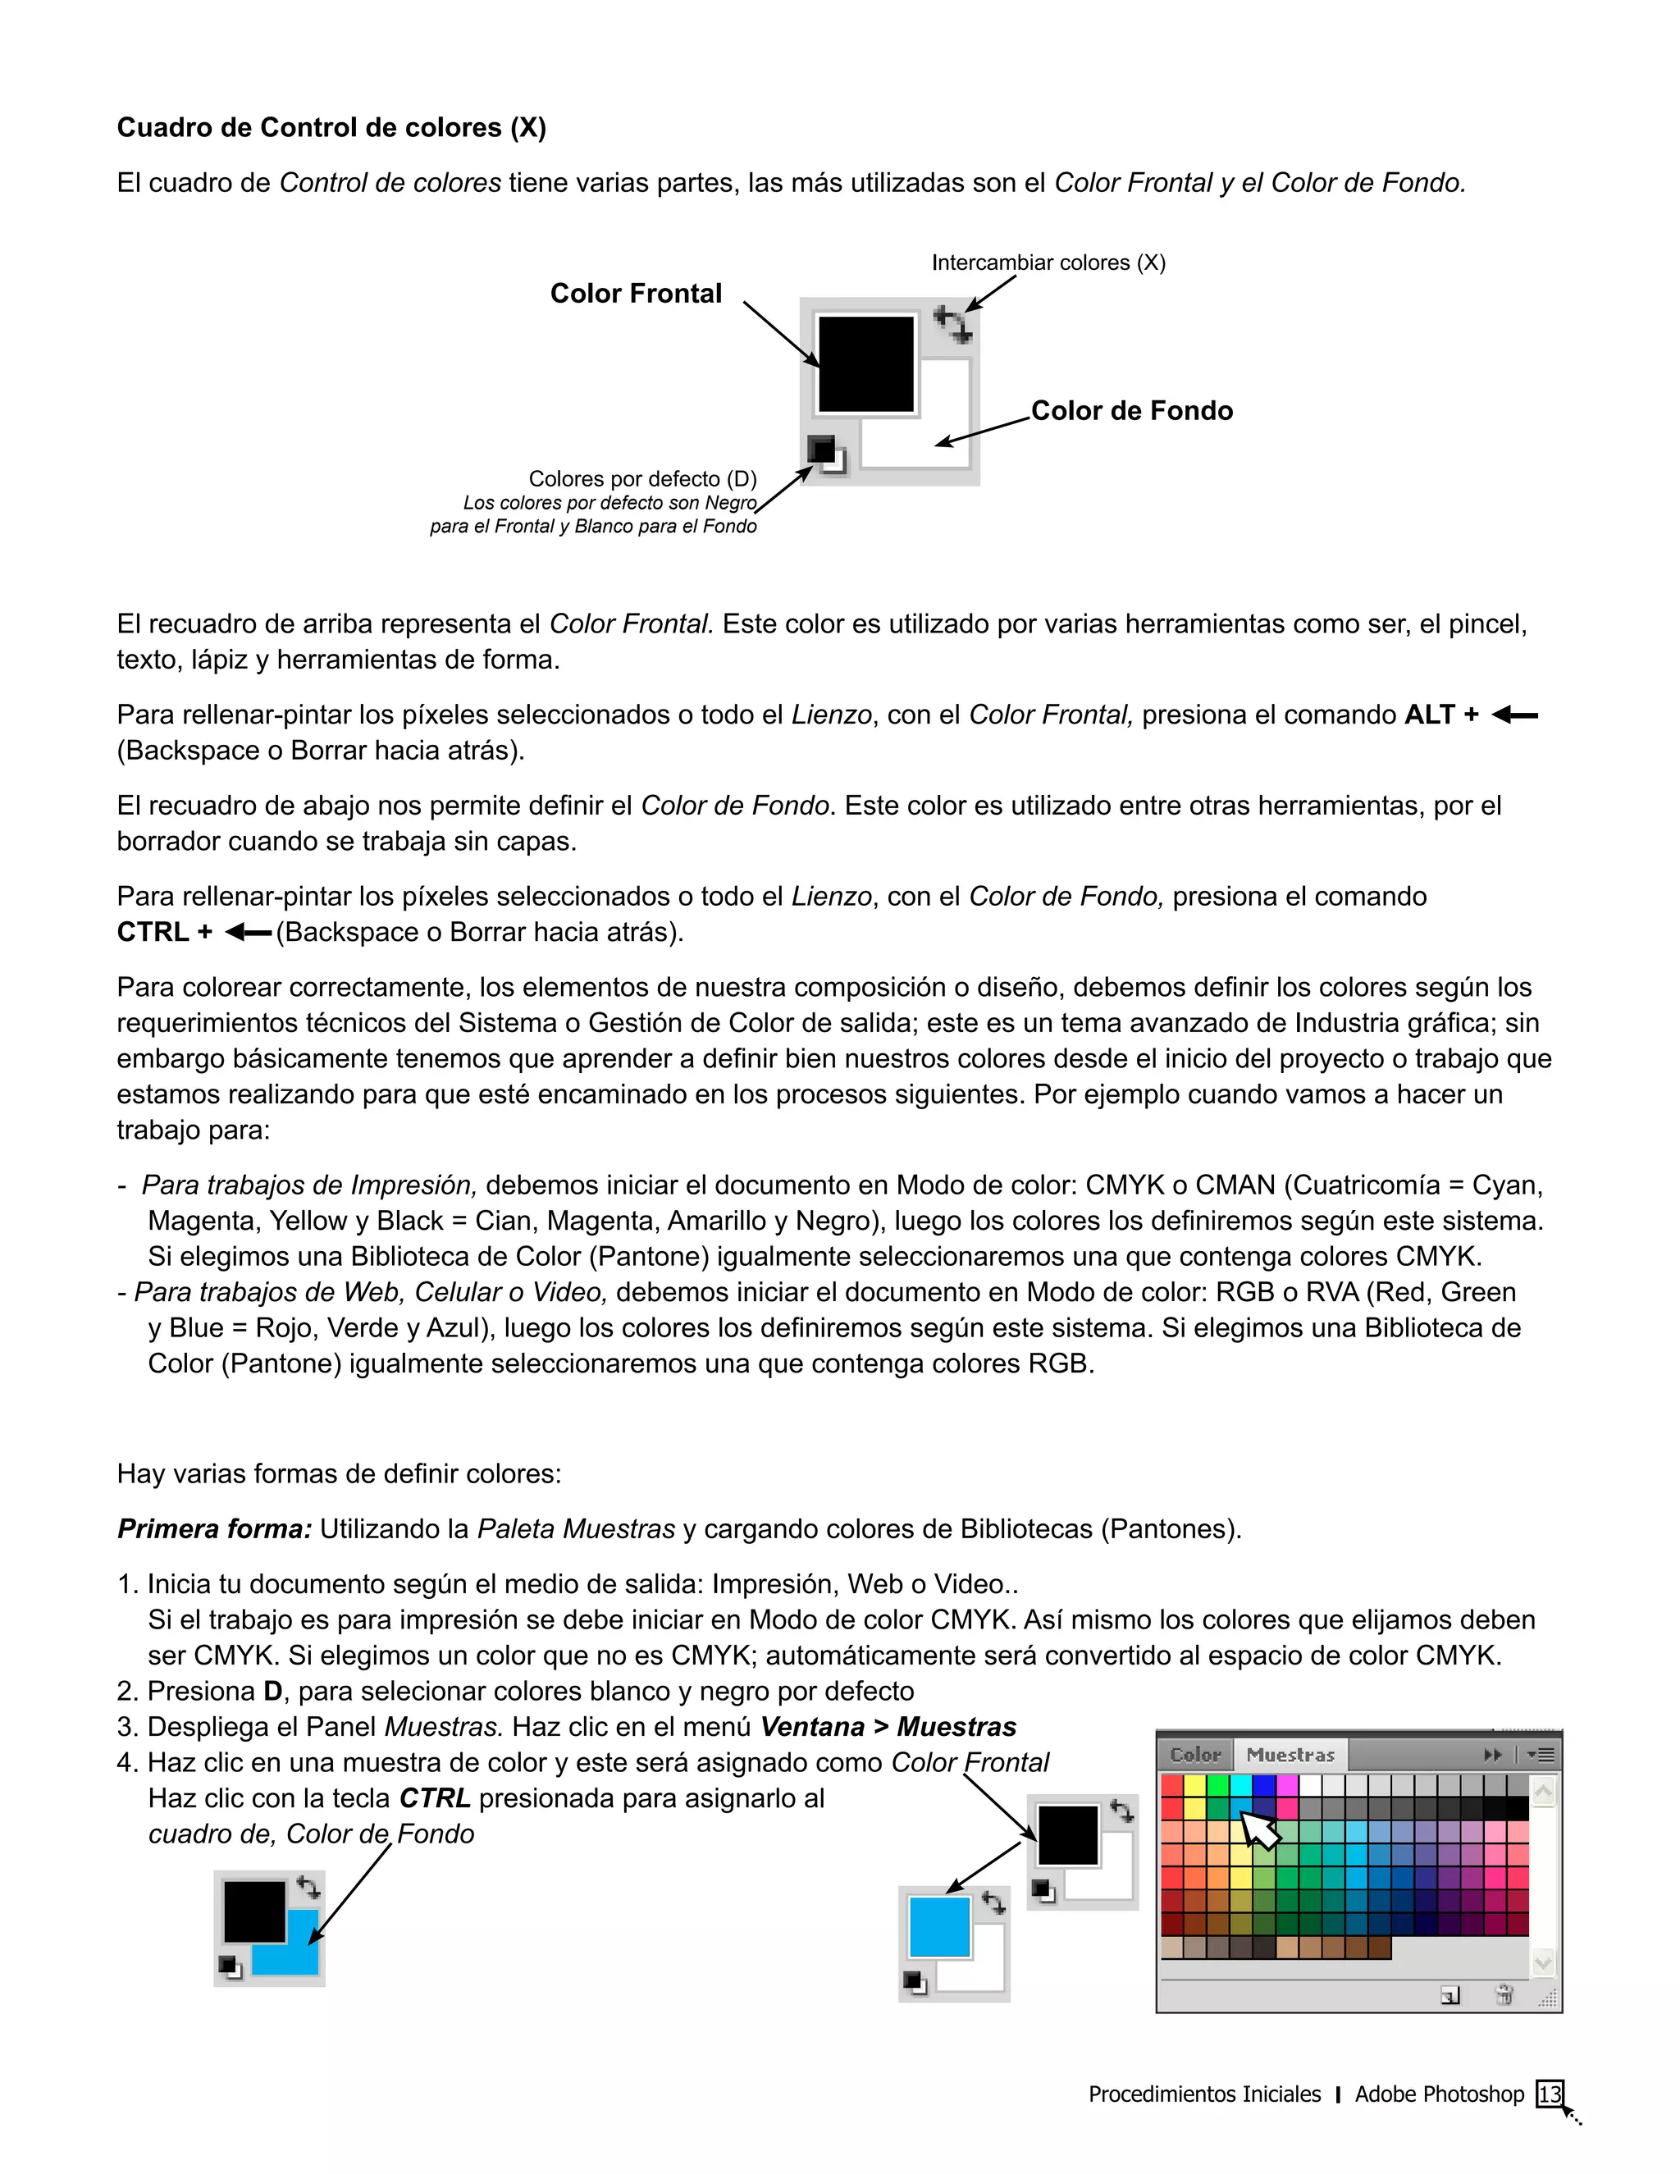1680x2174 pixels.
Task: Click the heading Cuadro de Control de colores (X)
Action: [331, 127]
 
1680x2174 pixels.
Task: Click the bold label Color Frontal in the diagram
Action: [636, 294]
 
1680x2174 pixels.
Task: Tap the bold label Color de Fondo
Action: [1131, 411]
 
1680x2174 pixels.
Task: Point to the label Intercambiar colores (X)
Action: [1048, 263]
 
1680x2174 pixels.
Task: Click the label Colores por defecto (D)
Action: [642, 479]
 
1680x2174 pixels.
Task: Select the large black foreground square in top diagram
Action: [865, 364]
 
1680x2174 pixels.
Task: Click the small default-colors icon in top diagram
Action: [825, 454]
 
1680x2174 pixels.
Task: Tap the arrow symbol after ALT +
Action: [1515, 715]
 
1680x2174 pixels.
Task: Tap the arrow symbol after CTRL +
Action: [248, 933]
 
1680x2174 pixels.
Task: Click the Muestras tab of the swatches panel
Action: [1290, 1755]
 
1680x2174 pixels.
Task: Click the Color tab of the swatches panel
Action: [1195, 1755]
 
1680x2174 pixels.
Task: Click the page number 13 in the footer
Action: [1550, 2094]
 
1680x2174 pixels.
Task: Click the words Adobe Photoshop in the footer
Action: [1439, 2094]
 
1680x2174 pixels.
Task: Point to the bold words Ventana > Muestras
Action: [888, 1727]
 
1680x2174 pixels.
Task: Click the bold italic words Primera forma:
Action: [215, 1529]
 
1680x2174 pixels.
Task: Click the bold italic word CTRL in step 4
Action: [435, 1799]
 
